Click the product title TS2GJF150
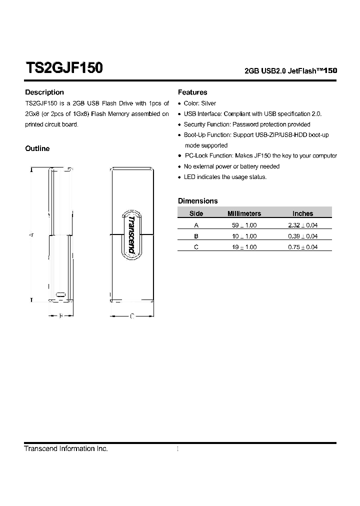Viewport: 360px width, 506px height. [x=64, y=68]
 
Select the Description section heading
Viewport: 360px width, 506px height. [x=44, y=92]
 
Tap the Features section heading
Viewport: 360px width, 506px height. [x=192, y=92]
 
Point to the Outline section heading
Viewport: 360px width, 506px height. [x=37, y=148]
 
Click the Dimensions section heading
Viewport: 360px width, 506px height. [x=198, y=201]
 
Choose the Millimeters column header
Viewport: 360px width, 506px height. [x=244, y=213]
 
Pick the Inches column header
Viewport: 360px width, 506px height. [x=302, y=213]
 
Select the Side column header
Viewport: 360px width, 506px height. [x=196, y=213]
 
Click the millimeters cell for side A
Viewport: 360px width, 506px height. [x=244, y=225]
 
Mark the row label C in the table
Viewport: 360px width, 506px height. [x=196, y=247]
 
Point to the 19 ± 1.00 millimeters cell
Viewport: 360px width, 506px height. [x=244, y=247]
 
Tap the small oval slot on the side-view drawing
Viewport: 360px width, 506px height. [x=60, y=294]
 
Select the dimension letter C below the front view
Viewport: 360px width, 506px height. [x=131, y=316]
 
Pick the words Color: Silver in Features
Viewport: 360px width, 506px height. [x=200, y=103]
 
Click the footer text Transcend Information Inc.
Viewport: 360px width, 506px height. [x=66, y=449]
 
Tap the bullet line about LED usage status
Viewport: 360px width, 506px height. [x=225, y=177]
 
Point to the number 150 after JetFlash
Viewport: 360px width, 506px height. [x=330, y=71]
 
